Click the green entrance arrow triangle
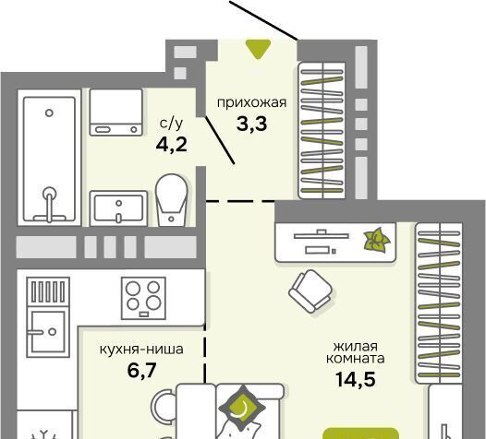pos(258,49)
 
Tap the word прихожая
pos(251,102)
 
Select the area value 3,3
pos(251,125)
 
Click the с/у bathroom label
pos(172,124)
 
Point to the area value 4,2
pos(172,145)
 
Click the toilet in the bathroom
pos(172,199)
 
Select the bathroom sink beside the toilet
pos(118,208)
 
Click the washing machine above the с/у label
pos(116,112)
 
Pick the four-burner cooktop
pos(143,298)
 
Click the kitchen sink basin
pos(48,332)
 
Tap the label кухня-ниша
pos(141,350)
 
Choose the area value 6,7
pos(141,371)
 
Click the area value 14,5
pos(356,379)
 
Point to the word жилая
pos(355,346)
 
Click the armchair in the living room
pos(310,291)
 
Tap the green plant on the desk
pos(377,240)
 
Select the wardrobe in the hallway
pos(322,130)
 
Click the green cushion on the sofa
pos(243,408)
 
